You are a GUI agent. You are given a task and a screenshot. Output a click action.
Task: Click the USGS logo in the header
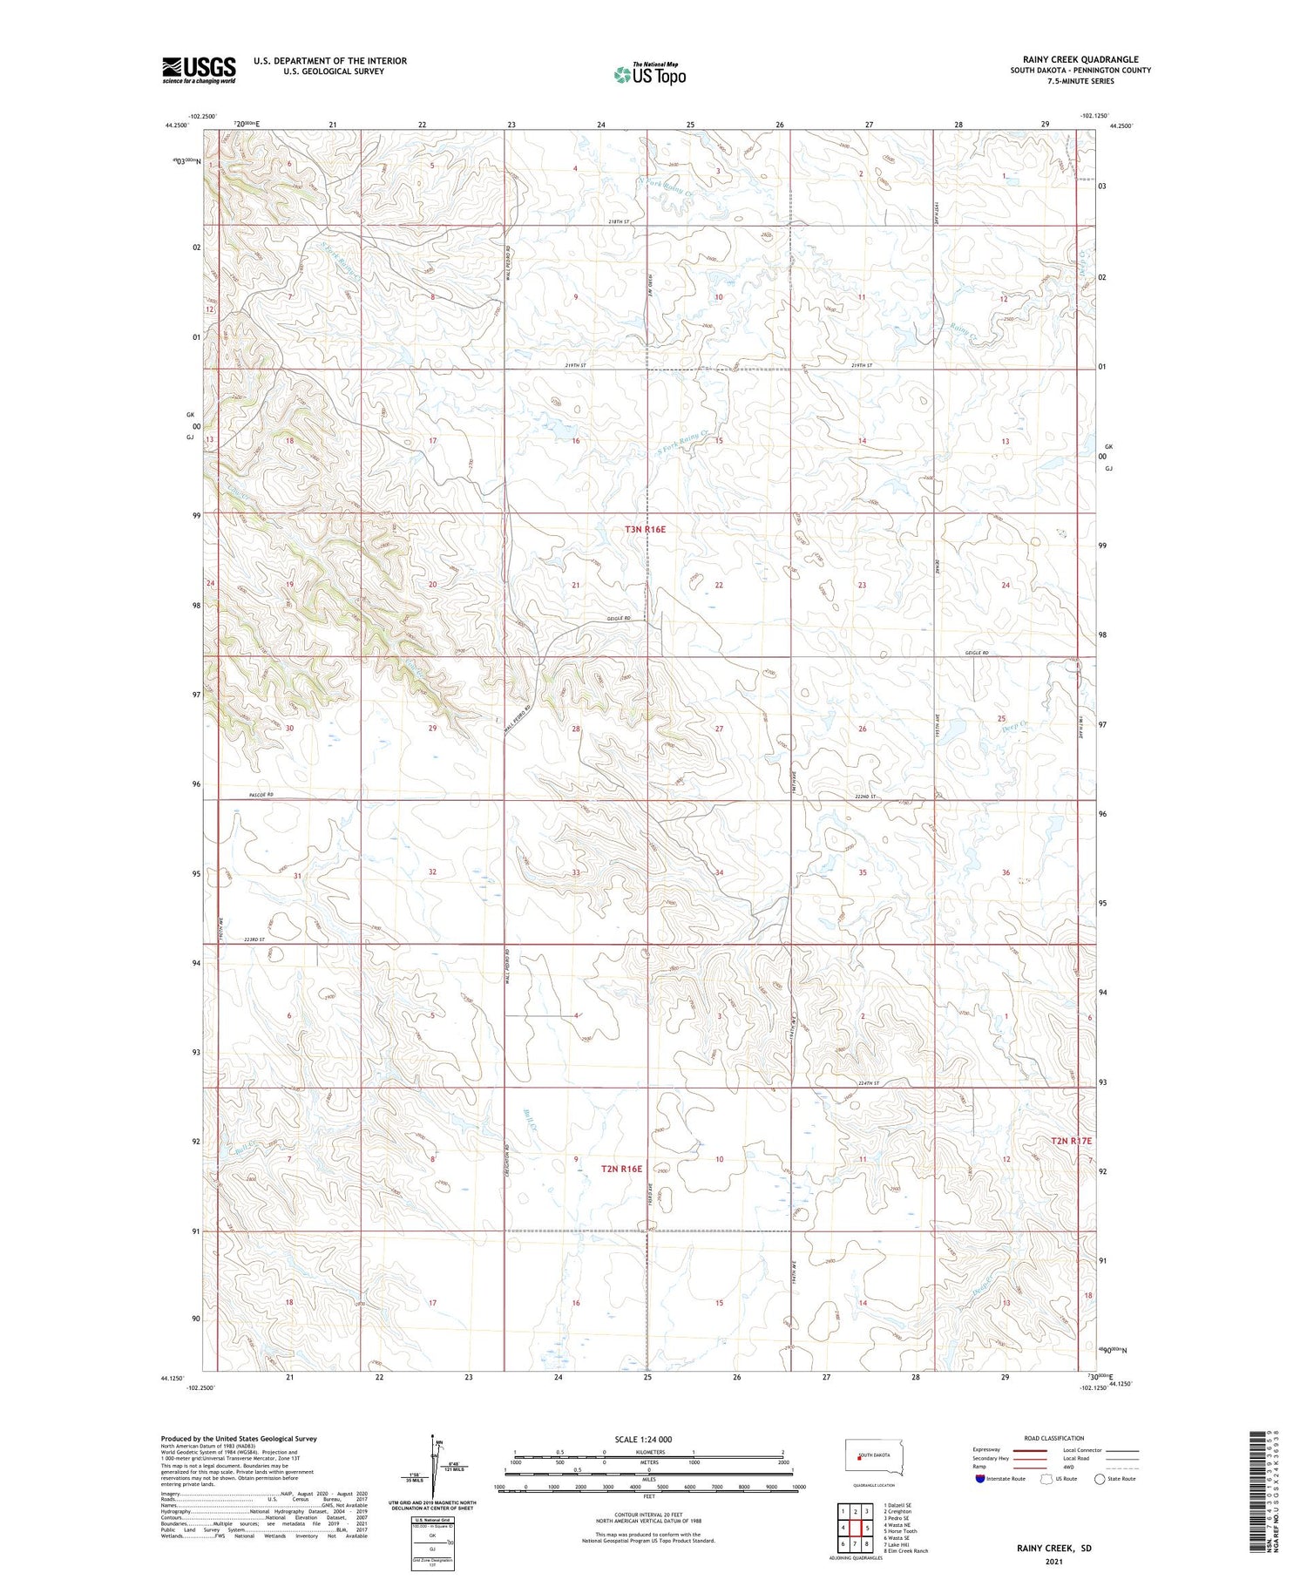199,70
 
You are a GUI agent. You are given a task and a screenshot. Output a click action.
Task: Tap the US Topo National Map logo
649,74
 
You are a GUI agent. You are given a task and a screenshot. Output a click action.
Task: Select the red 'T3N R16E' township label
645,529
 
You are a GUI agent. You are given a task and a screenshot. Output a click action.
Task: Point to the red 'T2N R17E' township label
1071,1141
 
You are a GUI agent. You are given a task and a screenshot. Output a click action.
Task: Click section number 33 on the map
576,872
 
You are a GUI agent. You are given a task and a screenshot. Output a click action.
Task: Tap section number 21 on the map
576,585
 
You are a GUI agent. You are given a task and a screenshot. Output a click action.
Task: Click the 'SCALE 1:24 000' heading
643,1439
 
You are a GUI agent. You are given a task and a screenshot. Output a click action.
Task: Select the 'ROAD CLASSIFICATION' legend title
1054,1438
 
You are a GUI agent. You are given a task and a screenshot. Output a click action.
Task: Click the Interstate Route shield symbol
980,1479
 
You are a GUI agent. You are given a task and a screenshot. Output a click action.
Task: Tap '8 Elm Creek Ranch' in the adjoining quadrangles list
905,1551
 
